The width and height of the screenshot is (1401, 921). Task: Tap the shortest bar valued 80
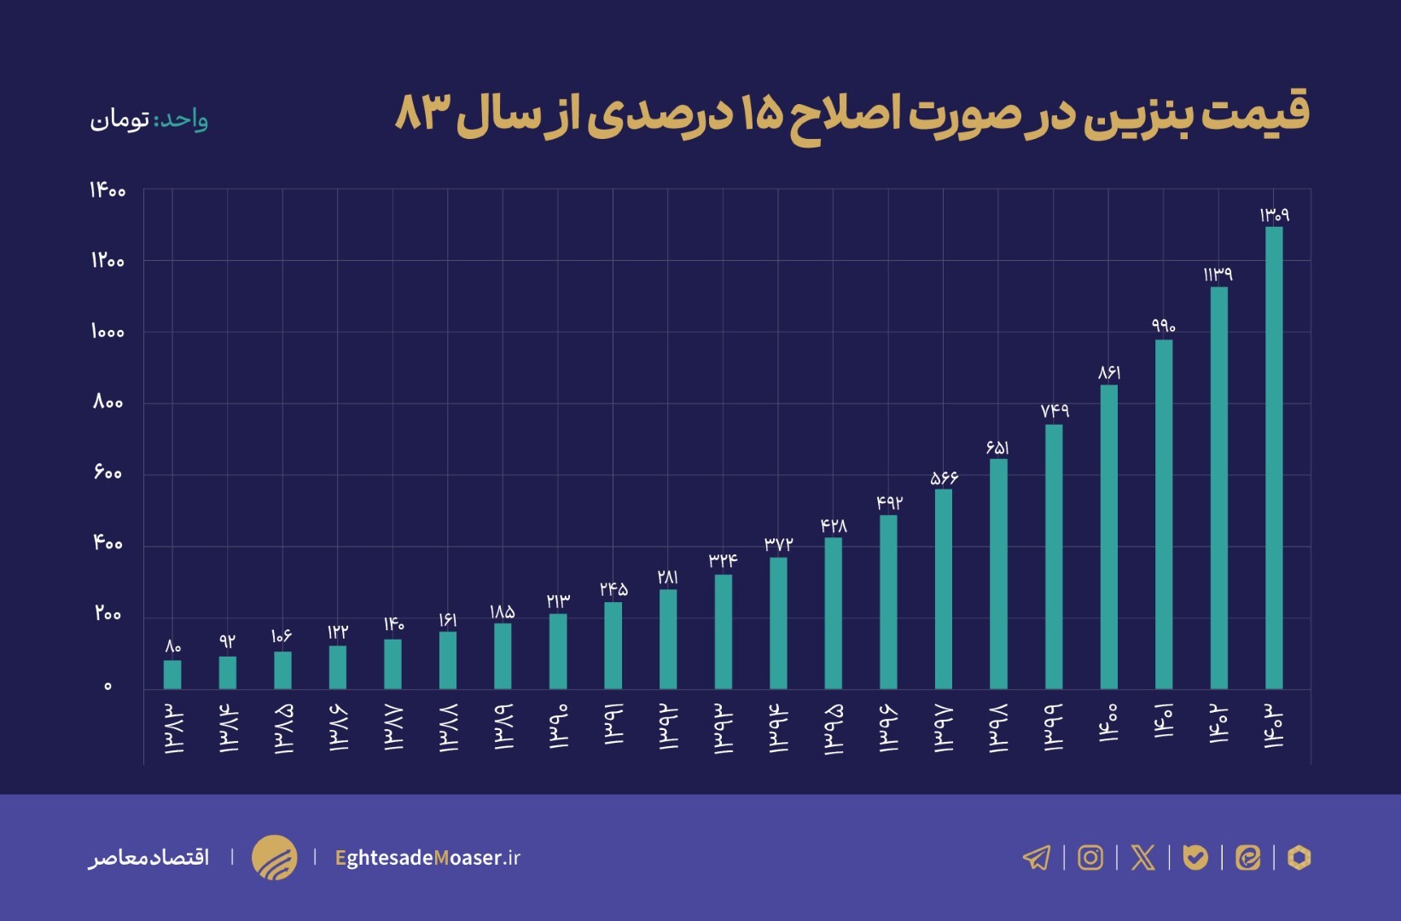coord(172,675)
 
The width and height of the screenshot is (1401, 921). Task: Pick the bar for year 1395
coord(834,613)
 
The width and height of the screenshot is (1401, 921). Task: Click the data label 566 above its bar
coord(944,478)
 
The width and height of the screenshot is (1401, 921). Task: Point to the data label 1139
coord(1218,275)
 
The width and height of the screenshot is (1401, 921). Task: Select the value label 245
coord(613,589)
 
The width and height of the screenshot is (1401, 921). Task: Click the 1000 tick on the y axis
coord(108,332)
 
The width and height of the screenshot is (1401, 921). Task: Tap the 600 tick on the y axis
coord(108,472)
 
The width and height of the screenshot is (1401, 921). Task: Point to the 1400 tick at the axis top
coord(108,190)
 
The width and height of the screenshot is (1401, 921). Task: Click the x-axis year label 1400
coord(1108,724)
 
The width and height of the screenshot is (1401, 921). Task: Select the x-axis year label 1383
coord(173,729)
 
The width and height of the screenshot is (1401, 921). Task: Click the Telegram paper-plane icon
coord(1037,857)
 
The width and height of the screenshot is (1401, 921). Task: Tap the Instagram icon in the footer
coord(1090,857)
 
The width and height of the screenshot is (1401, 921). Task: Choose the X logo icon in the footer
coord(1142,857)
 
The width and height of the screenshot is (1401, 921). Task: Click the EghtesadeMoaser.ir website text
coord(427,858)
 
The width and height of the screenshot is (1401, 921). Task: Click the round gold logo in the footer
coord(274,857)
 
